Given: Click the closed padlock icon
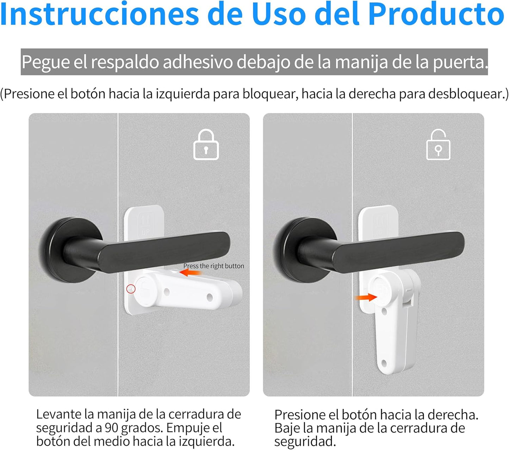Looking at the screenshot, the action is click(206, 145).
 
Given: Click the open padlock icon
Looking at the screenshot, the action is click(438, 145).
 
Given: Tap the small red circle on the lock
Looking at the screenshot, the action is click(131, 289).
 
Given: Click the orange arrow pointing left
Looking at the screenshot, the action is click(190, 272).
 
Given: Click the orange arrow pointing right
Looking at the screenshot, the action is click(366, 297).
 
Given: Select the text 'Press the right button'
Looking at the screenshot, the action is click(213, 266).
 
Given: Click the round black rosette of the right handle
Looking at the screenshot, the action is click(305, 250).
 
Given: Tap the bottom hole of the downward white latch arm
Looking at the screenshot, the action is click(384, 363).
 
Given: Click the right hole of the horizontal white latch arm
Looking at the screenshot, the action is click(210, 298).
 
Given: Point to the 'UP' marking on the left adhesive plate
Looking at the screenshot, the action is click(146, 232).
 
